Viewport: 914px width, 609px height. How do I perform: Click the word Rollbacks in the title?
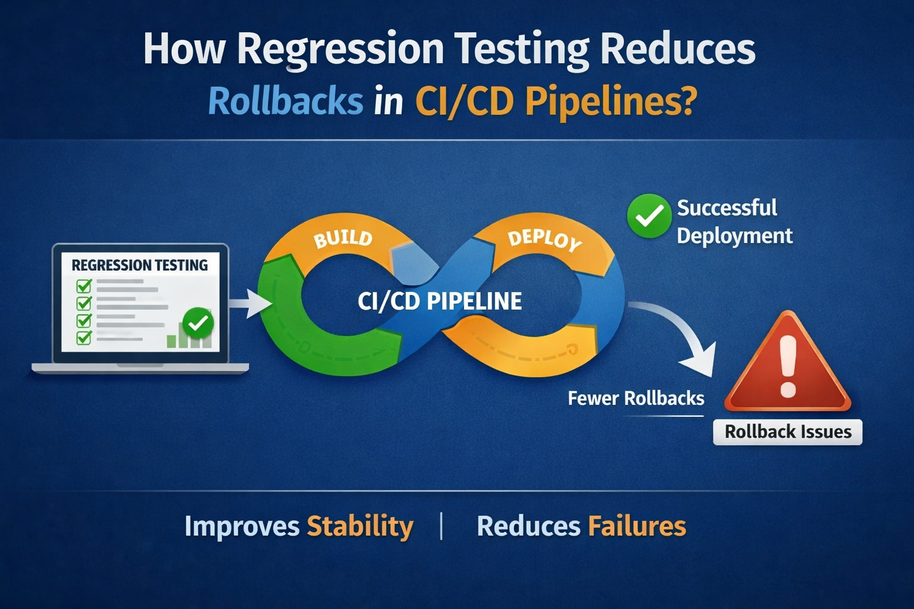tap(286, 101)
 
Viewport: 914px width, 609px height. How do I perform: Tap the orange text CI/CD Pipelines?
tap(555, 101)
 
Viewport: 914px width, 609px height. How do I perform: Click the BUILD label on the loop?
tap(343, 238)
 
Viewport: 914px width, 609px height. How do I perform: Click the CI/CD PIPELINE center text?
tap(440, 302)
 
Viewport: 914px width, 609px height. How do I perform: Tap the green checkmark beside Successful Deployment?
tap(649, 216)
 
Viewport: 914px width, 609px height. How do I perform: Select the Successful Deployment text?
tap(734, 222)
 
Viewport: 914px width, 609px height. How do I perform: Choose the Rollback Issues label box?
tap(787, 432)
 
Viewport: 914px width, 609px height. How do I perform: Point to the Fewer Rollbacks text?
tap(636, 398)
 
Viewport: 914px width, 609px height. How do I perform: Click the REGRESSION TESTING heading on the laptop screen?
tap(140, 265)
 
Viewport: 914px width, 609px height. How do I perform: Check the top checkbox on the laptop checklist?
tap(84, 286)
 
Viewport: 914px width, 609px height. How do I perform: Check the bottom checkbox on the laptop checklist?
tap(84, 338)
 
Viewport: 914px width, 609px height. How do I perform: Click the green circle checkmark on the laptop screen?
tap(198, 324)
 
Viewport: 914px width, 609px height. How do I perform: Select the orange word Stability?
tap(360, 526)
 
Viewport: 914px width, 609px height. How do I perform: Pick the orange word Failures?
tap(637, 526)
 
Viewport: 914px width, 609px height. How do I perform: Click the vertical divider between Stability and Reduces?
tap(441, 526)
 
